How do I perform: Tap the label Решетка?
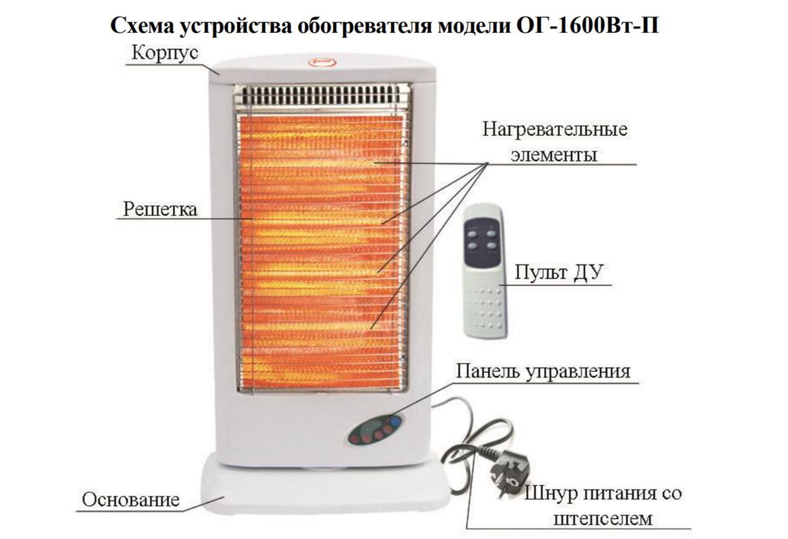click(x=160, y=209)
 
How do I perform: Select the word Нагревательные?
click(x=555, y=130)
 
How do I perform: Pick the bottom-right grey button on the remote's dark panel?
click(x=492, y=247)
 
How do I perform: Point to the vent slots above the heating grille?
click(x=320, y=97)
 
